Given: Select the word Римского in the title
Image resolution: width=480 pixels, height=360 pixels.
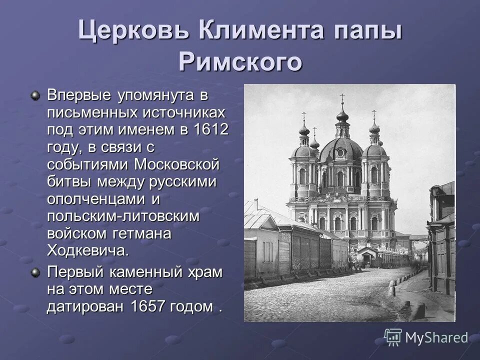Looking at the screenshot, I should (x=240, y=62).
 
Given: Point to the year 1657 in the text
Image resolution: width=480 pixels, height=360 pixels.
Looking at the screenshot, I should (x=148, y=306).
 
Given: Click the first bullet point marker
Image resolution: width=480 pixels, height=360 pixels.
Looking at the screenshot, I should (x=35, y=95).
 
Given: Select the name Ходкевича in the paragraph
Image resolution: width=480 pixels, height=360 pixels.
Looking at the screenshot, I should (x=87, y=250).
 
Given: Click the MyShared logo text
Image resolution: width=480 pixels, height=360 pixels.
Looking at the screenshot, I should (x=436, y=338).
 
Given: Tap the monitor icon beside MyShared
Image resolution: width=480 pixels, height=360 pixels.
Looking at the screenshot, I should (x=393, y=337).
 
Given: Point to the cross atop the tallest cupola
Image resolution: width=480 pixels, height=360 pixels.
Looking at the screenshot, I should (x=342, y=98).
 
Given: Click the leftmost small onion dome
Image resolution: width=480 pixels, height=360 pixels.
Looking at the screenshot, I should (x=303, y=130).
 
